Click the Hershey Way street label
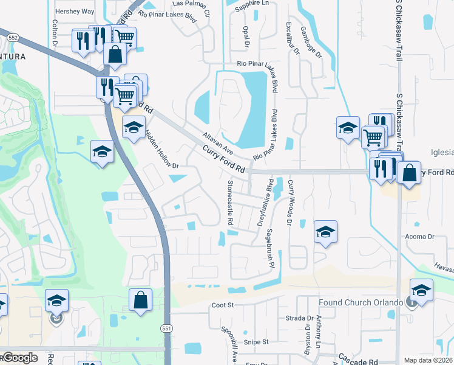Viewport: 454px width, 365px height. point(74,12)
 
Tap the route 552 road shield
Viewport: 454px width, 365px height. point(13,38)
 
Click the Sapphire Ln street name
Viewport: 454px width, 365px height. point(251,3)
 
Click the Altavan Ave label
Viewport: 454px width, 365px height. point(219,141)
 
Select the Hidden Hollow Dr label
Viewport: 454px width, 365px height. point(161,148)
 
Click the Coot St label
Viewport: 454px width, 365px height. point(223,305)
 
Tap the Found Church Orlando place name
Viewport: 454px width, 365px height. point(361,302)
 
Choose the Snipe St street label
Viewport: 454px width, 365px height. point(256,342)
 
